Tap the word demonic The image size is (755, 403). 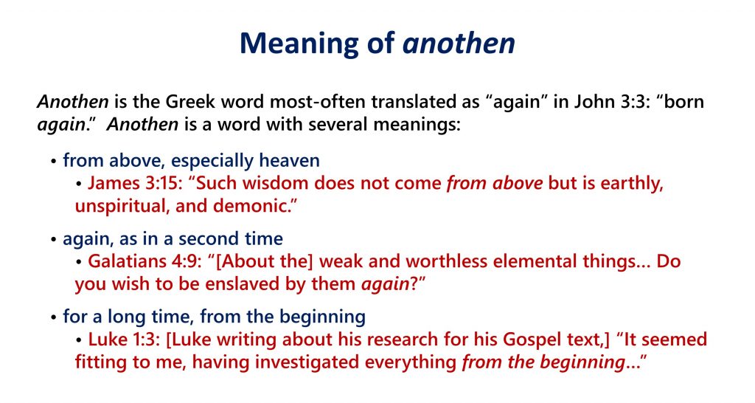pos(253,206)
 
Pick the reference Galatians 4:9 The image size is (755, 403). pos(145,261)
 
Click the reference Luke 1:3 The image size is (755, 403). pos(124,340)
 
